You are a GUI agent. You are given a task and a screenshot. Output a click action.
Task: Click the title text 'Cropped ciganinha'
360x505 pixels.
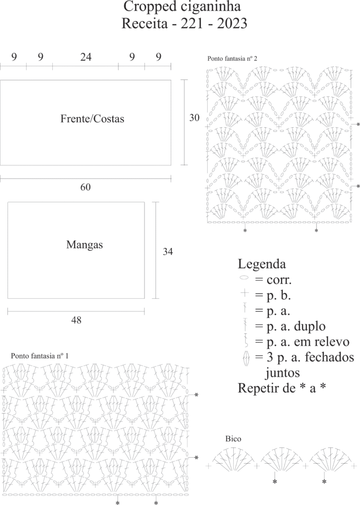pos(182,7)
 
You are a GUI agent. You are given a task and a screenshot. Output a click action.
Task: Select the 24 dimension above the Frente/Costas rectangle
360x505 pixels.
pos(86,57)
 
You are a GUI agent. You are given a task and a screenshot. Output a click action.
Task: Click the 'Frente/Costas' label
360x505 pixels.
pos(92,119)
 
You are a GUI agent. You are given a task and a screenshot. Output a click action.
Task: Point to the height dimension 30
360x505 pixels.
pos(195,118)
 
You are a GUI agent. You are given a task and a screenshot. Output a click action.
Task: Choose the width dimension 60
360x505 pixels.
pos(86,187)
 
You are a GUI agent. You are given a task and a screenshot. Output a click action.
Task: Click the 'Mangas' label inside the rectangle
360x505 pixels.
pos(85,244)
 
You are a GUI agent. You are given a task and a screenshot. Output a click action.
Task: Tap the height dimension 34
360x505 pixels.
pos(168,252)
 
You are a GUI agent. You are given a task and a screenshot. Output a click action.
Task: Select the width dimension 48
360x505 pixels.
pos(76,320)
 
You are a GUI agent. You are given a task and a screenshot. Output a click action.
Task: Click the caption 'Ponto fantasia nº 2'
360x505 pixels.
pos(232,58)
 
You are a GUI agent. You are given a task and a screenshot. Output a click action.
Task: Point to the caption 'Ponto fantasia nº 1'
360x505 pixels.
pos(40,356)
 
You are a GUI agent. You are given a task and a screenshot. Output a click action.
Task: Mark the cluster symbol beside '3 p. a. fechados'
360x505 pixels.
pos(245,358)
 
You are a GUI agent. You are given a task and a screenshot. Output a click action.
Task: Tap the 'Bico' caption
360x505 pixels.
pos(233,438)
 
